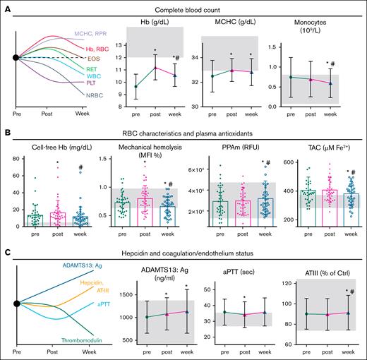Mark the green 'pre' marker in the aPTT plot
click(x=224, y=311)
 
